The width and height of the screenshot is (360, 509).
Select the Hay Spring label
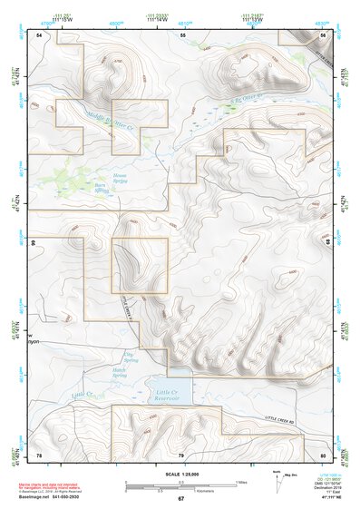pos(130,357)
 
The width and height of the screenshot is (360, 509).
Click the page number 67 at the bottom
pos(180,499)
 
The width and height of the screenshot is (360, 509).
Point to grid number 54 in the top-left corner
pos(39,34)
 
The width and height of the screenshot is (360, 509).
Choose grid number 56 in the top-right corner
pos(323,34)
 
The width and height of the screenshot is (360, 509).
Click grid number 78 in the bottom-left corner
pos(39,454)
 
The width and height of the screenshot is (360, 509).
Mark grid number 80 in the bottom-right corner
pos(323,454)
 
